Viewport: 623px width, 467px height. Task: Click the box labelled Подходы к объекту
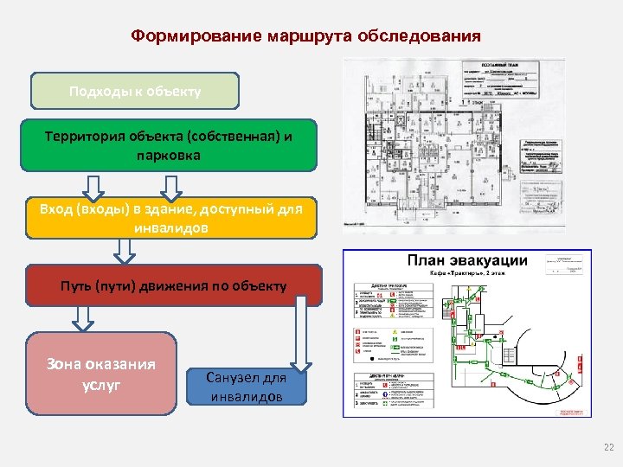point(135,91)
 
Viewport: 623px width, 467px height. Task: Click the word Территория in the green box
point(86,137)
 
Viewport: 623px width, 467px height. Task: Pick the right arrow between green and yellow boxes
point(170,189)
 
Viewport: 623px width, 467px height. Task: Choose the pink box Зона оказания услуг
point(102,374)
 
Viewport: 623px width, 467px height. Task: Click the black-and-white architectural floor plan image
point(453,146)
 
